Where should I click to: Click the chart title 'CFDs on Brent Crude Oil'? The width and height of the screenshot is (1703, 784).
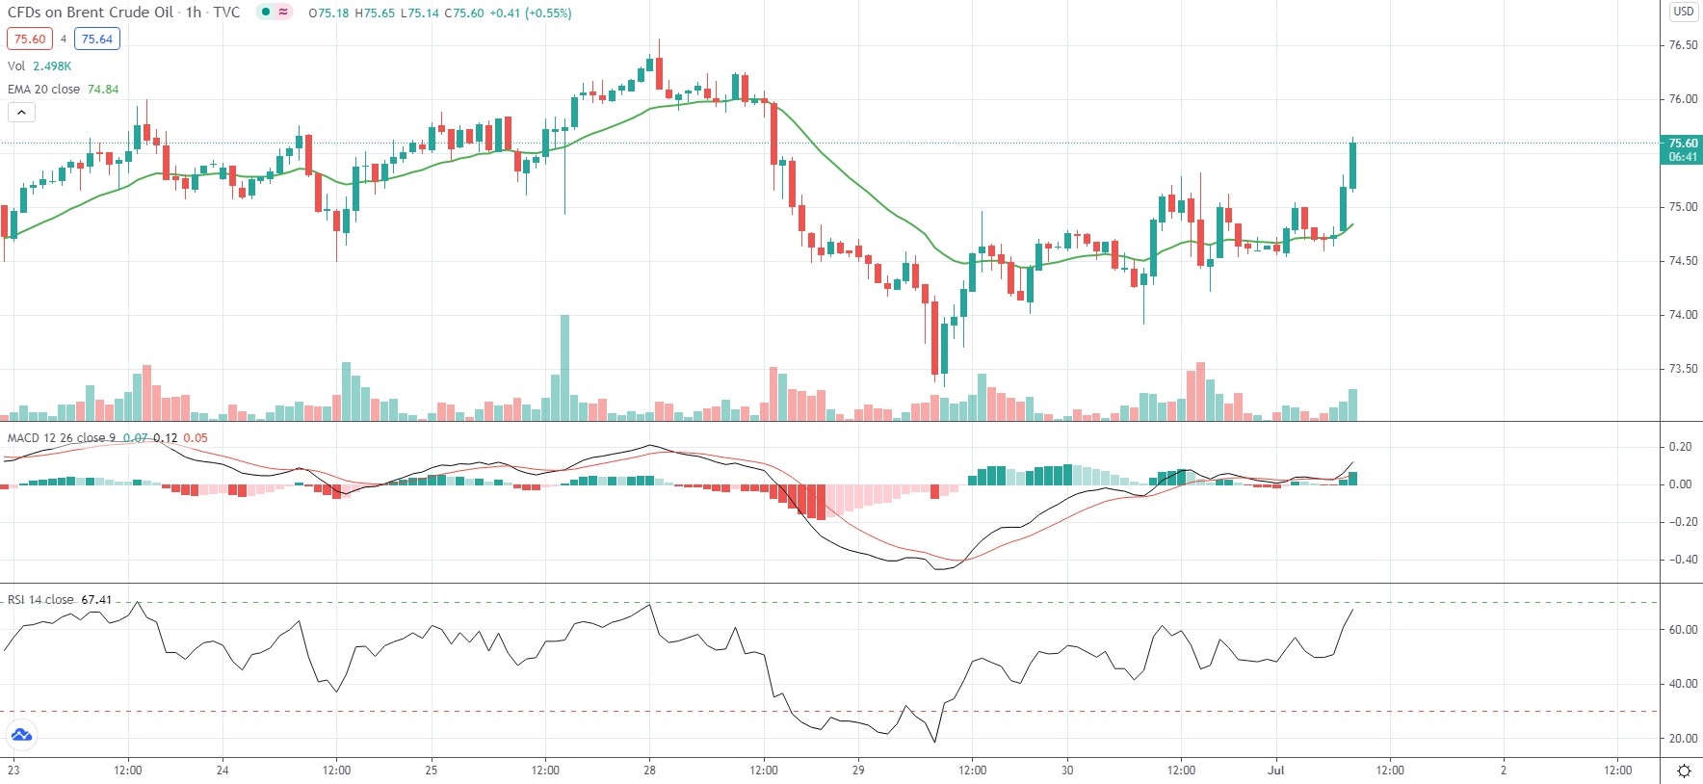coord(91,13)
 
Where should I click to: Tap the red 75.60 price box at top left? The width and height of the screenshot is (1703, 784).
coord(30,39)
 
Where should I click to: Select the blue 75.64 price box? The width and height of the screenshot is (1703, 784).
coord(96,39)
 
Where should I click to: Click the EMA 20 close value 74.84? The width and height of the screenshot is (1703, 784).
coord(103,90)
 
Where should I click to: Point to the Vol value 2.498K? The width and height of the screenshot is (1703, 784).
coord(52,66)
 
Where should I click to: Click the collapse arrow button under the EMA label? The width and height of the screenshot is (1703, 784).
coord(21,113)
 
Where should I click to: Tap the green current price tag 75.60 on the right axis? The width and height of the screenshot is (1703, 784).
coord(1682,149)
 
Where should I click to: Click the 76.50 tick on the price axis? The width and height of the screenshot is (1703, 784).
coord(1683,45)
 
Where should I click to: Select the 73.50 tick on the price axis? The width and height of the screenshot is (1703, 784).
coord(1683,369)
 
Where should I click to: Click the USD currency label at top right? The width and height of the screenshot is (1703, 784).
coord(1683,12)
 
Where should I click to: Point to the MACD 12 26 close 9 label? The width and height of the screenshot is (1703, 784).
coord(62,438)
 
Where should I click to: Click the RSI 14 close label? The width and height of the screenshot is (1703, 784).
coord(40,600)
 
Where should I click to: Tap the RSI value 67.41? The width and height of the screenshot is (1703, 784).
coord(96,600)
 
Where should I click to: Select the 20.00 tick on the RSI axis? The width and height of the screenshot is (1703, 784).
coord(1683,739)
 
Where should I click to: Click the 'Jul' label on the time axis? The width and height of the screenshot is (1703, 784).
coord(1276,771)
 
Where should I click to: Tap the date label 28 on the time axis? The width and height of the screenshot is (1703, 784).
coord(649,771)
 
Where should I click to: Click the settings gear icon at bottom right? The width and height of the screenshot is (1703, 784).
coord(1684,771)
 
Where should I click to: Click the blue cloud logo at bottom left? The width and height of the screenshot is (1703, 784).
coord(21,736)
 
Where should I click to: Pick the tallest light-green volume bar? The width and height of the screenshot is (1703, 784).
coord(564,368)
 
